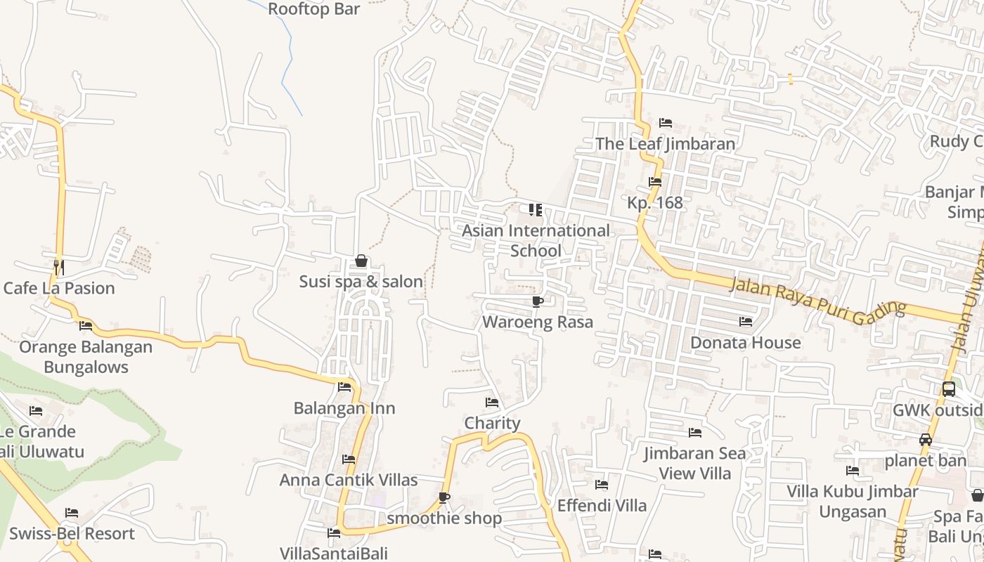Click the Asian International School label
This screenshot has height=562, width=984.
[536, 240]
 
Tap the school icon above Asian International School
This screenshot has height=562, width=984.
[536, 209]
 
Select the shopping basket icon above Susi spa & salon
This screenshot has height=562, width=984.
[361, 261]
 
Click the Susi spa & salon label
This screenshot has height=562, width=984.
[361, 282]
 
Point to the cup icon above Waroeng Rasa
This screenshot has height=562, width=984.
[538, 302]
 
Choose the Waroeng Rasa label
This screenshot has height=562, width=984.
[538, 322]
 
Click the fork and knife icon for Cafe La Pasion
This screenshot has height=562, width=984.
[59, 268]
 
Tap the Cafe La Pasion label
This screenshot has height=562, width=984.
[59, 288]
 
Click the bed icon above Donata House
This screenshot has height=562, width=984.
[746, 322]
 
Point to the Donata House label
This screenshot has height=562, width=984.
[746, 342]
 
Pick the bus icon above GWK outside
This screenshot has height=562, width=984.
[948, 388]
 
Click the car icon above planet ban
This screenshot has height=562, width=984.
[926, 440]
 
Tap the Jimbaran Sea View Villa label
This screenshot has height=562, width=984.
[695, 463]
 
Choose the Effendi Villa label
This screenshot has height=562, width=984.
[602, 505]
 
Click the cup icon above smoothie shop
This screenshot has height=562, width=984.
[444, 497]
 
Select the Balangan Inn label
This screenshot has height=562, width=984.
[344, 408]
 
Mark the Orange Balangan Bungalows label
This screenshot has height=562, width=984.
[86, 357]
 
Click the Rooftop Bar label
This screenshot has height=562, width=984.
[314, 9]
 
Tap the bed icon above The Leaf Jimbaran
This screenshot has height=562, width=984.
[666, 123]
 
